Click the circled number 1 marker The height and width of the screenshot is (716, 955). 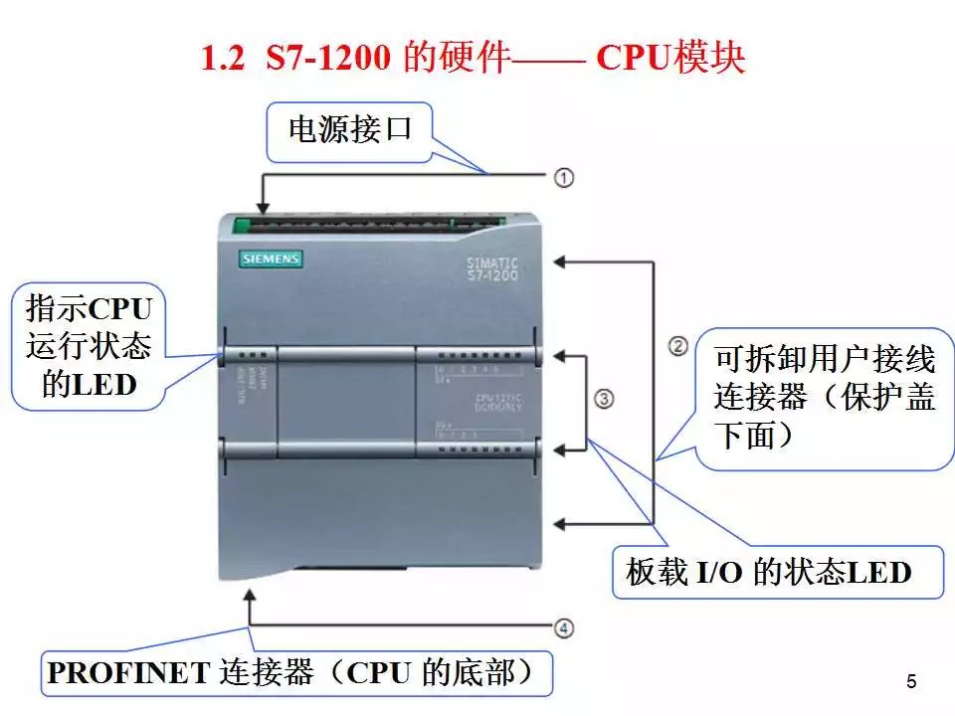tap(564, 177)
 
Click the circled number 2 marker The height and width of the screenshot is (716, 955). tap(677, 346)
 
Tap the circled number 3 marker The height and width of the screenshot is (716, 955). tap(604, 399)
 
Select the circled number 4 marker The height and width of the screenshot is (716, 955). tap(564, 627)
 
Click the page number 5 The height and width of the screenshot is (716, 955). tap(911, 681)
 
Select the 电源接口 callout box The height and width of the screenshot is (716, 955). tap(349, 130)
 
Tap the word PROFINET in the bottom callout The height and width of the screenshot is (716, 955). tap(126, 673)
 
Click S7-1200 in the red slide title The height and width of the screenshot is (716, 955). tap(329, 59)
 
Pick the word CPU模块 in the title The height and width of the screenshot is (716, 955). tap(669, 59)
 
